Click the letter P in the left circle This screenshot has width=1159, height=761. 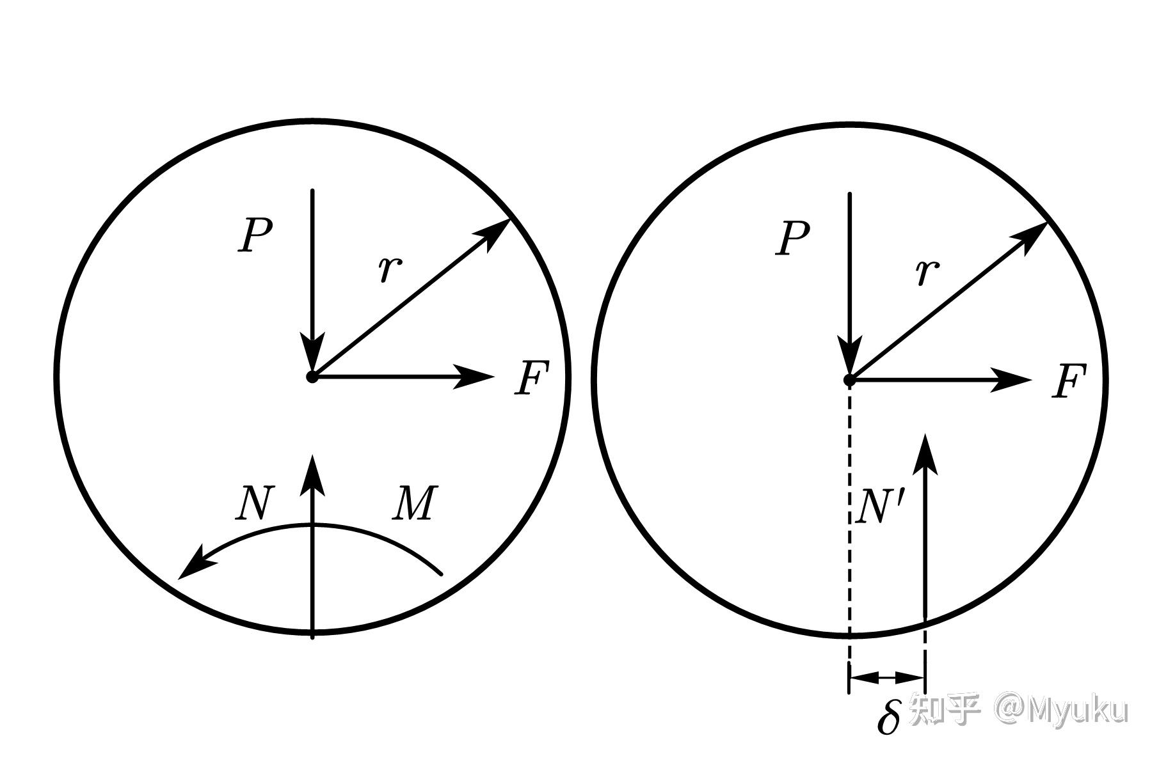coord(255,235)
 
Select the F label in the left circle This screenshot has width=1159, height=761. coord(532,378)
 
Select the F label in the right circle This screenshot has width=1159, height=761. coord(1069,382)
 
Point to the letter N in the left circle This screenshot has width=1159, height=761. coord(254,503)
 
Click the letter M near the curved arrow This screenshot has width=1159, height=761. coord(415,503)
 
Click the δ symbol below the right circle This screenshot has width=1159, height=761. coord(888,716)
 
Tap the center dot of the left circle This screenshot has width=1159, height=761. coord(312,377)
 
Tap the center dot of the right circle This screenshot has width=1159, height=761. coord(849,380)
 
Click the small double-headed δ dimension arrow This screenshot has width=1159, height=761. coord(887,677)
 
